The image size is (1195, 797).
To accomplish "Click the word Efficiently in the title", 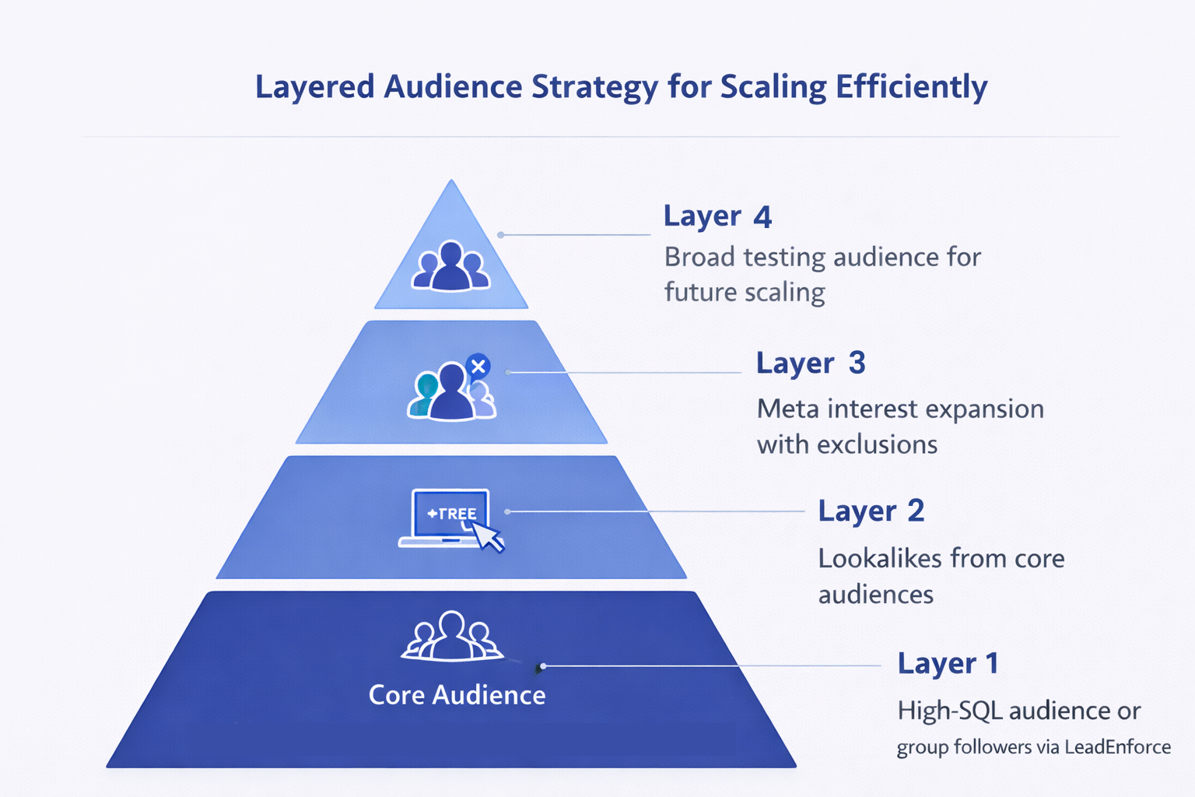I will click(911, 87).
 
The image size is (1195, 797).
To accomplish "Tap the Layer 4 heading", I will click(717, 216).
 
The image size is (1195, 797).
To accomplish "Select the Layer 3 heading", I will click(810, 363).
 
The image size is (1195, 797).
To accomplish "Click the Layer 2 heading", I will click(871, 511).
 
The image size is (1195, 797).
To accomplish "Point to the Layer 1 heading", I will click(947, 663).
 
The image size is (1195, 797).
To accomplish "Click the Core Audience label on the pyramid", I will click(457, 694).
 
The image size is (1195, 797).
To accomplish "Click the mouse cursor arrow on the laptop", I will click(488, 536).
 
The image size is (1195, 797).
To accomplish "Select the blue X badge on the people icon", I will click(478, 365).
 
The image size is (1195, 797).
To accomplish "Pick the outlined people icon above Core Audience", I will click(451, 636).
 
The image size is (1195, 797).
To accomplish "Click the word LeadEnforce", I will click(1117, 747).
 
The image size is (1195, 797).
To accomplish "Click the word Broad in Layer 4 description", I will click(699, 257).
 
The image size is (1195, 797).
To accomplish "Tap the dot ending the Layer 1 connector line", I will click(542, 666).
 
